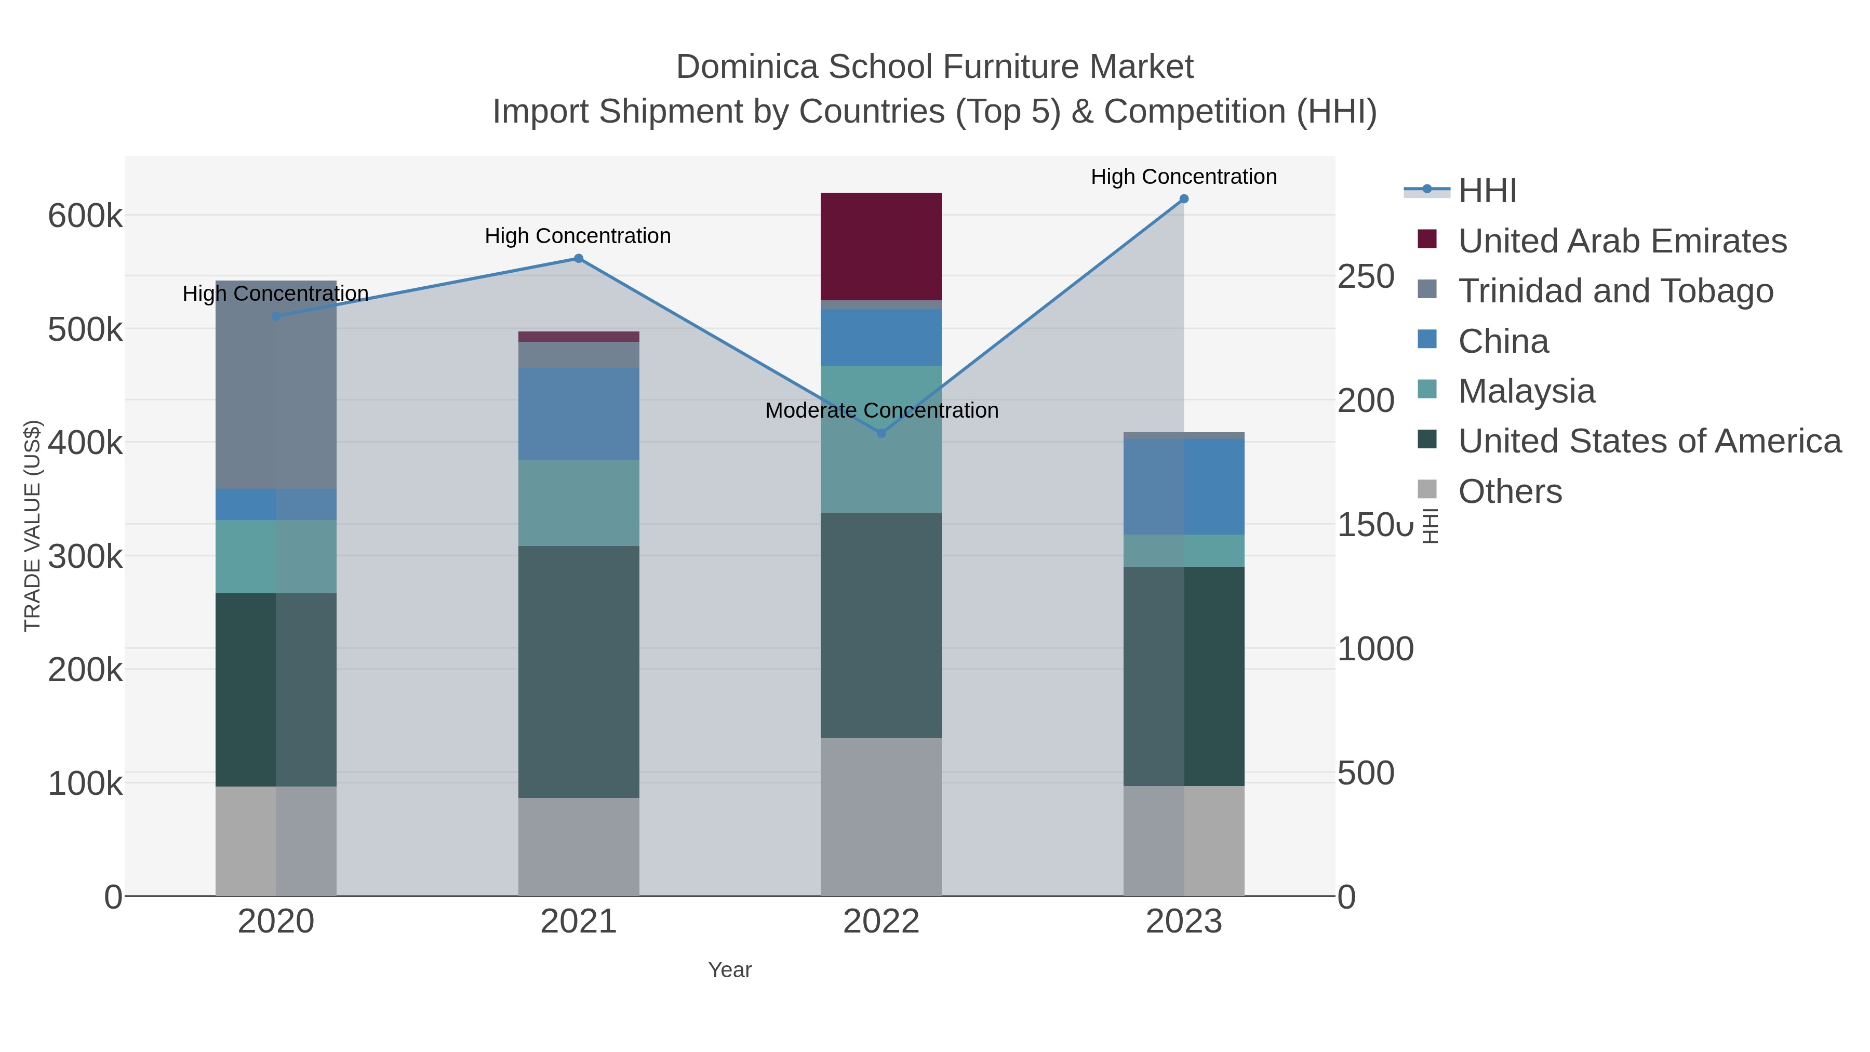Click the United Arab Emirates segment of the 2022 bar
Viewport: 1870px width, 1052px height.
pos(880,246)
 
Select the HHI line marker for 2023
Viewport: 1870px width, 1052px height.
pos(1183,199)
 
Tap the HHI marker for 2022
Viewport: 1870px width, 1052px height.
pos(881,433)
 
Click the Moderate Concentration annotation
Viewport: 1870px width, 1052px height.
pos(881,410)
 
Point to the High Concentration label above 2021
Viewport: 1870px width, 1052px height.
pos(577,236)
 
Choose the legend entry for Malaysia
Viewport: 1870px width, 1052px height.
pos(1526,391)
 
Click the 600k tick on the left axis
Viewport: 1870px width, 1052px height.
pos(85,216)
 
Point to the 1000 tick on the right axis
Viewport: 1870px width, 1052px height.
pos(1375,649)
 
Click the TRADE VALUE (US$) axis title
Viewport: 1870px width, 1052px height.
pos(33,526)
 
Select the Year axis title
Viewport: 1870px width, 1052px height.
pos(730,970)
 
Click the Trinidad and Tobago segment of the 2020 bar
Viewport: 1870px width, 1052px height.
pos(276,385)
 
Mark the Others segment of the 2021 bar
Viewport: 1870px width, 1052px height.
pos(579,847)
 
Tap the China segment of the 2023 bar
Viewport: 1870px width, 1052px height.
pos(1183,486)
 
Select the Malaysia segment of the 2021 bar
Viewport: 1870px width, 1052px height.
pos(579,502)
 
